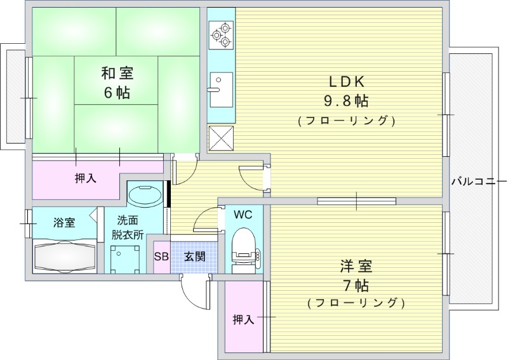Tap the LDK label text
[345, 81]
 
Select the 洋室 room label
[356, 266]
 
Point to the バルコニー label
[478, 180]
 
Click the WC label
[243, 215]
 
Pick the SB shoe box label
[161, 257]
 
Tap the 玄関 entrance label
[194, 257]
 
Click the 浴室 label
[63, 223]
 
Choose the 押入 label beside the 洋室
[243, 319]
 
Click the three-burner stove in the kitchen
[221, 34]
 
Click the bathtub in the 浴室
[64, 257]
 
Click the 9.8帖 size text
[345, 100]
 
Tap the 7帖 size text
[356, 284]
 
